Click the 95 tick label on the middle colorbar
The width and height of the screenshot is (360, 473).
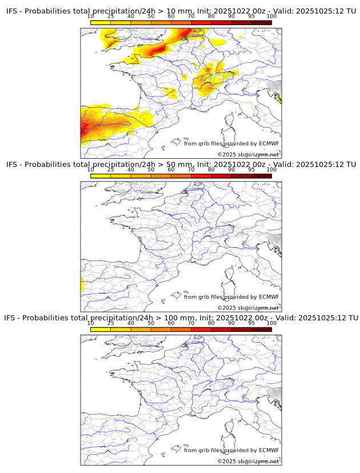point(251,170)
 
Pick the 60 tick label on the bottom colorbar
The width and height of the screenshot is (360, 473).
point(171,323)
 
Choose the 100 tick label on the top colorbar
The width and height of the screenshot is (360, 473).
point(271,17)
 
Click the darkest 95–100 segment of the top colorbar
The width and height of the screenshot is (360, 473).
point(261,22)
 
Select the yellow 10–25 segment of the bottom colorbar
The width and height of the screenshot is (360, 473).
point(101,329)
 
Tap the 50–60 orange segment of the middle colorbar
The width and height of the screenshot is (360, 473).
point(161,176)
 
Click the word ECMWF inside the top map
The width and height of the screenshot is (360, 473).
point(269,143)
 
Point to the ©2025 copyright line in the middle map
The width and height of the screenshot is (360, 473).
point(248,308)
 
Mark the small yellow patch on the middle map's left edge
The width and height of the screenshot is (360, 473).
point(82,283)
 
